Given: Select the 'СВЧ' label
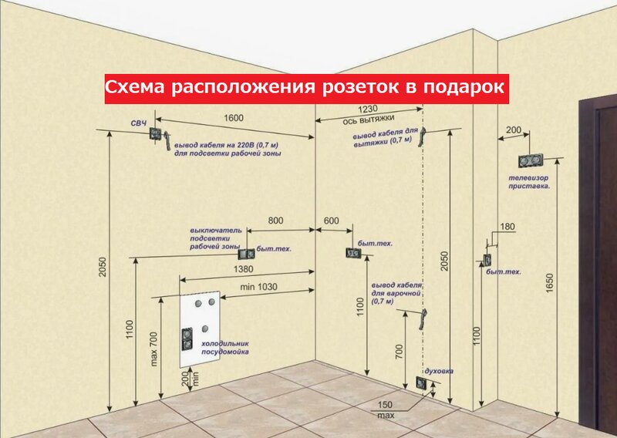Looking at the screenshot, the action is click(139, 123).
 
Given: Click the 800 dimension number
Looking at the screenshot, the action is click(275, 221).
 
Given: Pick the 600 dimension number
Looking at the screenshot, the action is click(331, 221).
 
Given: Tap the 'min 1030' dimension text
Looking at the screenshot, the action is click(258, 286).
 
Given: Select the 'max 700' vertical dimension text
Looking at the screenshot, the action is click(153, 349).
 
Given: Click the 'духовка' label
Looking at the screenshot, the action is click(439, 371).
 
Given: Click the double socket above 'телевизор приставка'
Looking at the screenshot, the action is click(531, 162).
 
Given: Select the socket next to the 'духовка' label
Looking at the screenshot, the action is click(420, 382).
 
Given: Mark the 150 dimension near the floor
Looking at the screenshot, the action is click(386, 405).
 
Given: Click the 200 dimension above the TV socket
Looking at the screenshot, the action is click(512, 130).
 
